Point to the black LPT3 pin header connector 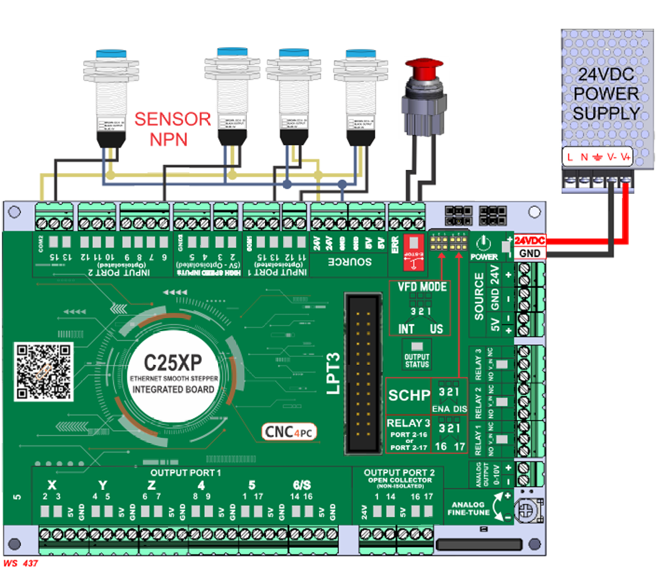coord(363,374)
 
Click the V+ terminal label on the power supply coord(626,158)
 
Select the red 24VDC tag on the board coord(530,240)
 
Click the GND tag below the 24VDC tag coord(530,252)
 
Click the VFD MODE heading coord(423,287)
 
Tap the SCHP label coord(409,395)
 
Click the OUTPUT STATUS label coord(417,361)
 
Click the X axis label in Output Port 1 coord(52,485)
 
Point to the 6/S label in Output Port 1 coord(301,485)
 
